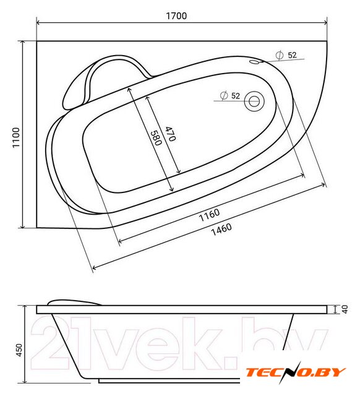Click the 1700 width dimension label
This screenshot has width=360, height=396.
pyautogui.click(x=176, y=16)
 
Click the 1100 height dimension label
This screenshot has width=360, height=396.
pyautogui.click(x=16, y=137)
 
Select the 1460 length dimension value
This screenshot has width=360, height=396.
pyautogui.click(x=221, y=229)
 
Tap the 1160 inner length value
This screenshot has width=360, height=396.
pyautogui.click(x=209, y=215)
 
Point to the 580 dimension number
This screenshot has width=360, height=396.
pyautogui.click(x=156, y=138)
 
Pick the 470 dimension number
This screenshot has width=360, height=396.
pyautogui.click(x=170, y=134)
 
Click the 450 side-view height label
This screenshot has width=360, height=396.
pyautogui.click(x=19, y=350)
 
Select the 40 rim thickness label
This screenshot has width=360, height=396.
pyautogui.click(x=345, y=309)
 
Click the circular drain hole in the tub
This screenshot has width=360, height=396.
pyautogui.click(x=254, y=101)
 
